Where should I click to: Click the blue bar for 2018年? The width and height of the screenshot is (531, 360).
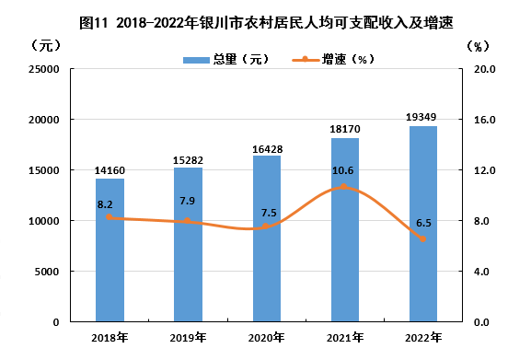(x=110, y=250)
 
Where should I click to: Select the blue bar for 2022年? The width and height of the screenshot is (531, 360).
(x=423, y=224)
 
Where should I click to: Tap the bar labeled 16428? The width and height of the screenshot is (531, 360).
(x=267, y=238)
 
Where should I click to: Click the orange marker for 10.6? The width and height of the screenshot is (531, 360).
(x=344, y=187)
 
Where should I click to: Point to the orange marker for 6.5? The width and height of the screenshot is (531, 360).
(x=422, y=239)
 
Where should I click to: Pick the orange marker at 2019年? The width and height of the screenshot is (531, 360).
(x=187, y=221)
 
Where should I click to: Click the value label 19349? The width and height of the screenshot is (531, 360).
(x=421, y=117)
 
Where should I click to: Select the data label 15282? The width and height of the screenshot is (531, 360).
(x=188, y=160)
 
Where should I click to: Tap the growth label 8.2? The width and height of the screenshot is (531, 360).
(x=105, y=204)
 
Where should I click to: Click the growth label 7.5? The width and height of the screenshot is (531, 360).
(x=269, y=213)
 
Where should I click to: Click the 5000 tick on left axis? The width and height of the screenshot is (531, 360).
(x=47, y=272)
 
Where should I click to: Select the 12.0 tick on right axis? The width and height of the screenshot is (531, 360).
(x=484, y=170)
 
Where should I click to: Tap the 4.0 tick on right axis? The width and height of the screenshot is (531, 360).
(x=481, y=272)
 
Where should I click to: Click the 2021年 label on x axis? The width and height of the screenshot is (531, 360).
(x=345, y=338)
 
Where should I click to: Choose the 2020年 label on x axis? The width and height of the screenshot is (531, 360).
(x=267, y=338)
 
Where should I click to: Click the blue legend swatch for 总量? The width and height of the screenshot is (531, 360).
(x=196, y=60)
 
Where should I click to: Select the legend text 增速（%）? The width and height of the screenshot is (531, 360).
(x=348, y=60)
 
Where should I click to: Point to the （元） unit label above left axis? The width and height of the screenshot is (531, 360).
(x=46, y=45)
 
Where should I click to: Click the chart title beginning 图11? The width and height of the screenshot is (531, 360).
(x=266, y=23)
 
